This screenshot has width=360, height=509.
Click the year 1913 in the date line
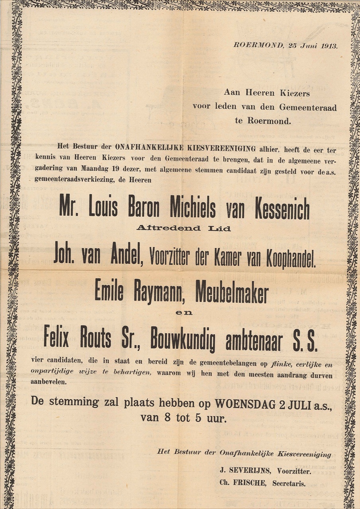tap(328, 45)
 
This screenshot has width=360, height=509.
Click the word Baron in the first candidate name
tap(143, 208)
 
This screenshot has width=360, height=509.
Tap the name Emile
tap(109, 293)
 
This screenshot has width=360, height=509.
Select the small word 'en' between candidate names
tap(184, 313)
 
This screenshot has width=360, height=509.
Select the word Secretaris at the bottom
tap(289, 484)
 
